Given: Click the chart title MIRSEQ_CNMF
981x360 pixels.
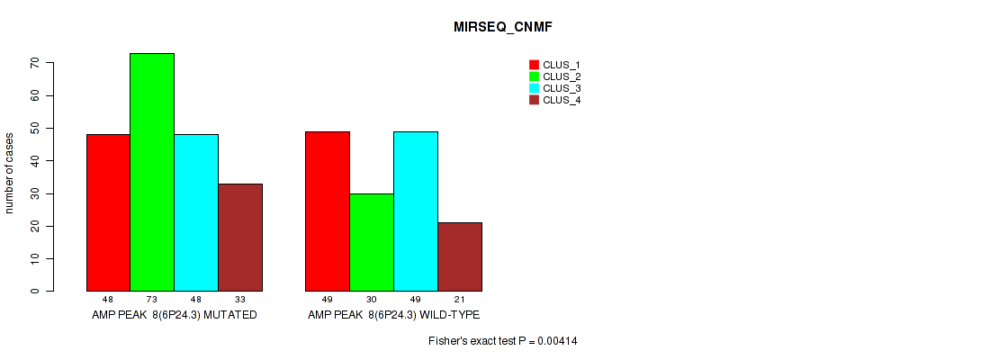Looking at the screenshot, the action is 503,28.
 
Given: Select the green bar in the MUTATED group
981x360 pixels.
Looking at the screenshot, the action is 152,172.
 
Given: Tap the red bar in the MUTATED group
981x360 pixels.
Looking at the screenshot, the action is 108,213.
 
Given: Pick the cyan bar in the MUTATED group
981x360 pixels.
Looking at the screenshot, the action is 196,213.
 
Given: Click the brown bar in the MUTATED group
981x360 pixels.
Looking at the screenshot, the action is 240,238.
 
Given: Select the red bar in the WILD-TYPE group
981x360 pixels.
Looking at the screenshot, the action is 328,211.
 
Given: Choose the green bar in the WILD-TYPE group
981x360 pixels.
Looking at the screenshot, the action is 372,242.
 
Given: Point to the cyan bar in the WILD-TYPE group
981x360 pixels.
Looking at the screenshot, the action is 416,211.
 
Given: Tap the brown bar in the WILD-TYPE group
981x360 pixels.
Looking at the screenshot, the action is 460,256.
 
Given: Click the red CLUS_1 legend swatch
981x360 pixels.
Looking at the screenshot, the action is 535,65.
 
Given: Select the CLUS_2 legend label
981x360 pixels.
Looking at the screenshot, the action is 562,76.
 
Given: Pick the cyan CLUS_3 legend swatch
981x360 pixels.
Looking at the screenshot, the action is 535,88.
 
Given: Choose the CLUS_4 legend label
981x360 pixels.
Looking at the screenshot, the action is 562,100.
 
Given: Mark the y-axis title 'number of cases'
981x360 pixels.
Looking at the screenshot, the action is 9,173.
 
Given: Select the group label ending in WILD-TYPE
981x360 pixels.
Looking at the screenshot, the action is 393,315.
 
